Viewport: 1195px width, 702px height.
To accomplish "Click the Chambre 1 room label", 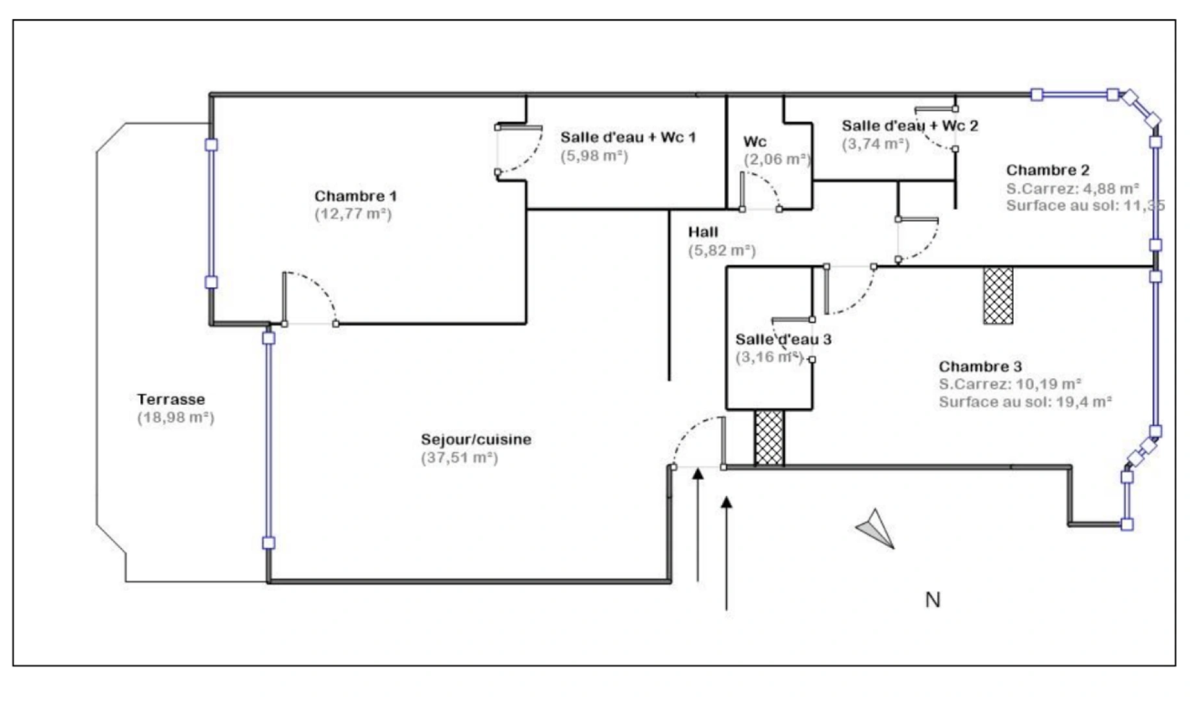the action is (x=355, y=196).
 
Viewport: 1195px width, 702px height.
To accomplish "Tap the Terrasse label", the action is (x=171, y=399).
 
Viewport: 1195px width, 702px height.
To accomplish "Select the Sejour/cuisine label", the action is (x=476, y=439).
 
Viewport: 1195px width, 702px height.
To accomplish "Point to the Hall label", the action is (x=703, y=232).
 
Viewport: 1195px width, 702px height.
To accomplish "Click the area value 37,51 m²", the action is (x=459, y=458).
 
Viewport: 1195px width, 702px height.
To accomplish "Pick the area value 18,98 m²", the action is (x=175, y=417).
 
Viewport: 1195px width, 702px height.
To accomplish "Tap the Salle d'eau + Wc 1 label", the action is (x=628, y=137).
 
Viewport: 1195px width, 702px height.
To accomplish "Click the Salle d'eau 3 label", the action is (x=783, y=339).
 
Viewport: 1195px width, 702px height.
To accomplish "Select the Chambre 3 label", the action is (x=980, y=367).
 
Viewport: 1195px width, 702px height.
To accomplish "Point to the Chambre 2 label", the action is (x=1048, y=170).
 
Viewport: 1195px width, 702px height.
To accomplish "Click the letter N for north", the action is (x=933, y=599).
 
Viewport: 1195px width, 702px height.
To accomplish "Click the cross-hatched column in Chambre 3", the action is (x=998, y=295).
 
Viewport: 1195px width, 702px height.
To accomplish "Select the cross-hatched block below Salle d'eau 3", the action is (x=770, y=438).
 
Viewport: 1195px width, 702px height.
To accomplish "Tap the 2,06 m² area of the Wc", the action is (x=777, y=159).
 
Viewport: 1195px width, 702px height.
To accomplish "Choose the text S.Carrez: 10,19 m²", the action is (x=1010, y=384).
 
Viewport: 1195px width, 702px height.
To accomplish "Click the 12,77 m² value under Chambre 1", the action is (x=353, y=214).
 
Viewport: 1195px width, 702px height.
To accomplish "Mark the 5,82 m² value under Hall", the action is (x=722, y=250).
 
